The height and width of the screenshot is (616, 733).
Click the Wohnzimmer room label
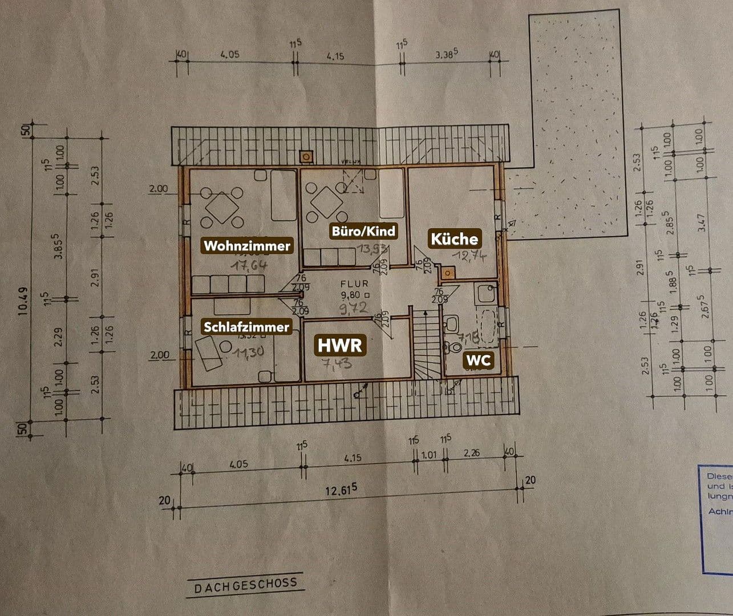[247, 246]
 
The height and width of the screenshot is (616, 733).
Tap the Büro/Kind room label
[363, 232]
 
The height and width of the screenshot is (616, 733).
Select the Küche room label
[454, 238]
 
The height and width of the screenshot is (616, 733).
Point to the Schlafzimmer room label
[246, 327]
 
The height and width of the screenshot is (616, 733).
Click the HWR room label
[340, 346]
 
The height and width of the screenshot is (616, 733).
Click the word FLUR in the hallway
[355, 283]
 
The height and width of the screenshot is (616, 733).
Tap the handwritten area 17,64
[249, 265]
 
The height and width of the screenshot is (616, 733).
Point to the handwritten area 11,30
[249, 352]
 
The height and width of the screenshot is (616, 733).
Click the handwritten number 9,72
[354, 310]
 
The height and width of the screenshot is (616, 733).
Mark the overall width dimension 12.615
[341, 490]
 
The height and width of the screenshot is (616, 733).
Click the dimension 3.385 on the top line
[447, 55]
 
